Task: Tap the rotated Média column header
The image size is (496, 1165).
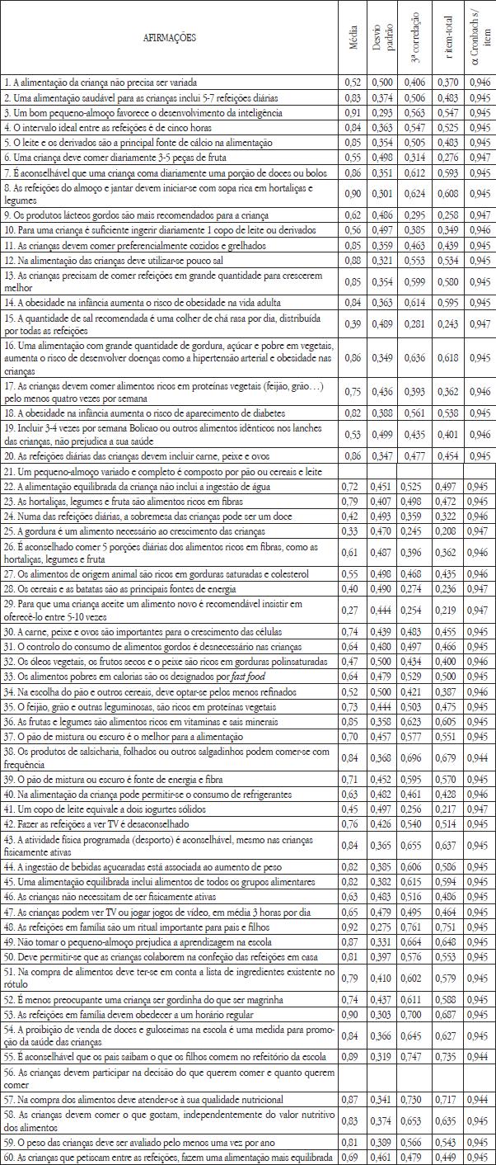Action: [x=353, y=39]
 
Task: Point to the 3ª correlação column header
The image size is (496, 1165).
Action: [x=416, y=39]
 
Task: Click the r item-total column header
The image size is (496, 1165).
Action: [x=450, y=39]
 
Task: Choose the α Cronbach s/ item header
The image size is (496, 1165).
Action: [x=480, y=39]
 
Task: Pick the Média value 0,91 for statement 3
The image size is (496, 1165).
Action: [x=353, y=112]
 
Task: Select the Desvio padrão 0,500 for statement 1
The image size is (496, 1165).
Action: [x=382, y=83]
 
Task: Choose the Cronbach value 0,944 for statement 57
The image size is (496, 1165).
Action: [x=480, y=1100]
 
